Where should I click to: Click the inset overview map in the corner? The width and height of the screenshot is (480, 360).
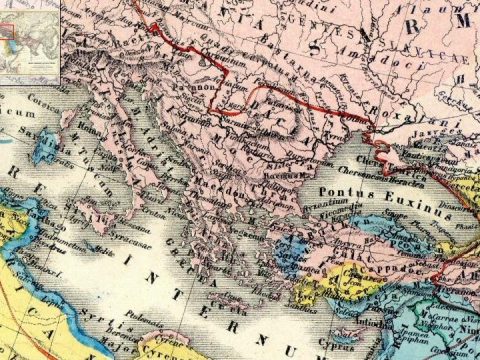[x=29, y=40]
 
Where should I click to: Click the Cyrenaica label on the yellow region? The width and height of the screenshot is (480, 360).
[x=175, y=345]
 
